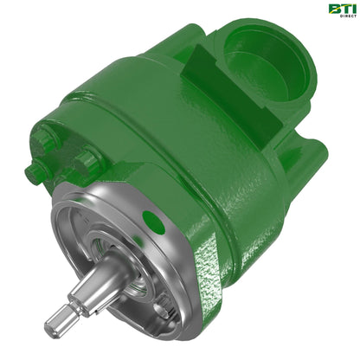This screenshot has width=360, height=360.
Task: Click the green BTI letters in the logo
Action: [x=340, y=9]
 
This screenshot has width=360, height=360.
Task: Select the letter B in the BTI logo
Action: [x=332, y=9]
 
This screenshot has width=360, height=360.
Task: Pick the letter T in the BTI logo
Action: [x=342, y=9]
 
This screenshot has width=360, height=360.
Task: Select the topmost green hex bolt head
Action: [x=43, y=130]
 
